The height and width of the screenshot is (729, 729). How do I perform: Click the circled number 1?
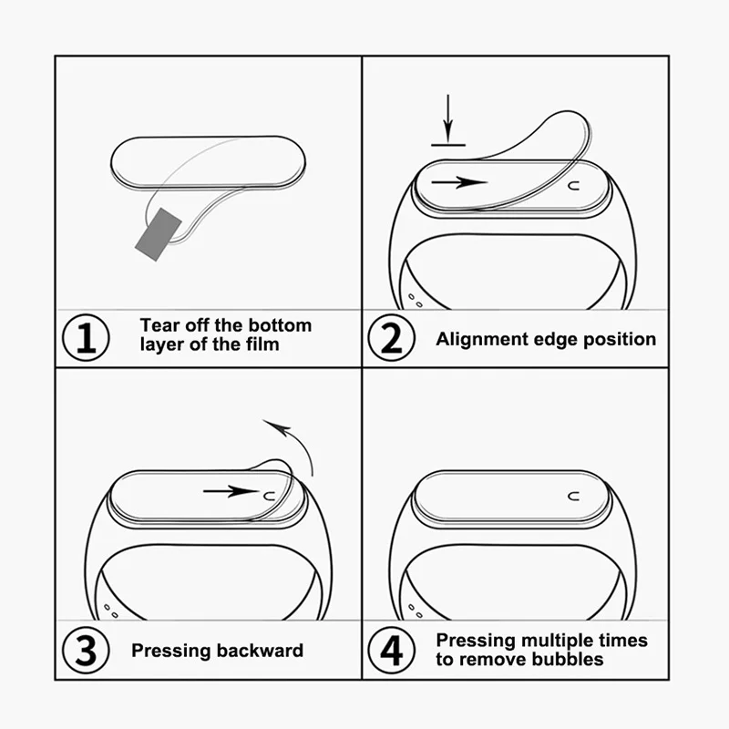[x=86, y=338]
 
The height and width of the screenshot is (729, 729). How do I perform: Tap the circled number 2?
[x=391, y=338]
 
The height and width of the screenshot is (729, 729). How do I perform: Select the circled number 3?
[x=86, y=651]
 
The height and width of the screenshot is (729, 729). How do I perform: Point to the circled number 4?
[x=391, y=651]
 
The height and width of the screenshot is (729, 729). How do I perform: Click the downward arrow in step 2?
[x=447, y=116]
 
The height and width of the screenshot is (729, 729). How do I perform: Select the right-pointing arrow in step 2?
[x=459, y=182]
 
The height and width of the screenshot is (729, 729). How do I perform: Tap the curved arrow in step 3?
[x=291, y=441]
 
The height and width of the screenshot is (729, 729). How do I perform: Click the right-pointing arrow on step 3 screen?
[x=231, y=492]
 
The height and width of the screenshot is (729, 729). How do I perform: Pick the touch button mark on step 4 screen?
[x=574, y=497]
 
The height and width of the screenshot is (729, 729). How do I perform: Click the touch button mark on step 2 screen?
[x=574, y=185]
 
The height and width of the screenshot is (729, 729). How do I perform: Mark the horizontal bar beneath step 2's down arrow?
[x=448, y=142]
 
